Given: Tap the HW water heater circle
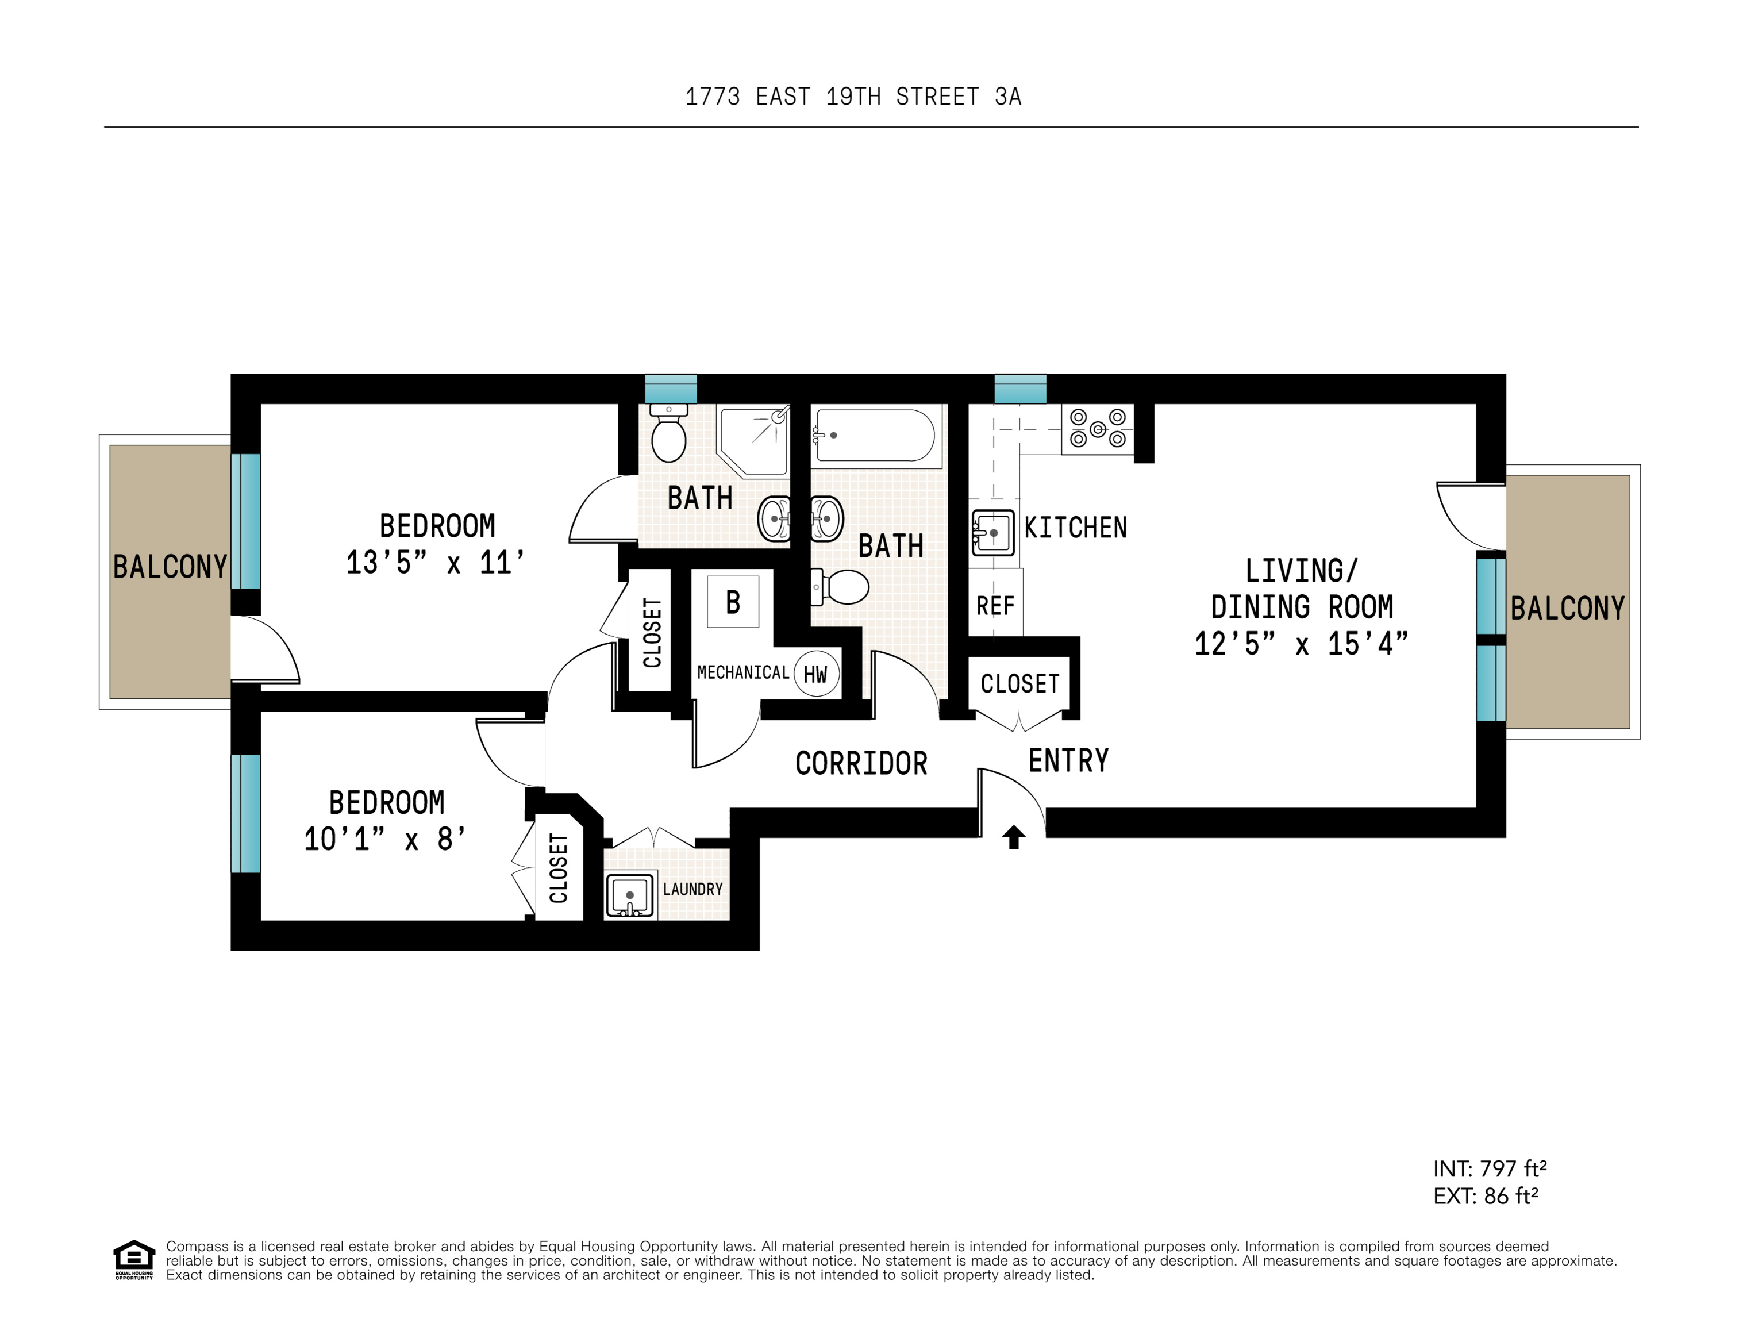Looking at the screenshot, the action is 816,675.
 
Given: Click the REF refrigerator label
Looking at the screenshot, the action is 995,606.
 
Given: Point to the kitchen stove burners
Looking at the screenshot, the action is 1097,429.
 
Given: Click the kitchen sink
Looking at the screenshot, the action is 993,532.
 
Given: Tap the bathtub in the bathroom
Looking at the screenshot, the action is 874,435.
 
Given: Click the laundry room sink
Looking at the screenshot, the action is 630,895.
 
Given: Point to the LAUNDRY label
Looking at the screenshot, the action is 692,889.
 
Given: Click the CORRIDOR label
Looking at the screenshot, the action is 861,763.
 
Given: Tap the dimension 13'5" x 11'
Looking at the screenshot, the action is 436,562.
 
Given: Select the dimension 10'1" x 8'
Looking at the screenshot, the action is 384,839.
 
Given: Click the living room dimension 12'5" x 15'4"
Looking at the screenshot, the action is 1301,644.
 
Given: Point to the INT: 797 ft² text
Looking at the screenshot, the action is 1489,1168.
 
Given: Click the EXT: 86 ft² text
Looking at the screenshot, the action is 1485,1195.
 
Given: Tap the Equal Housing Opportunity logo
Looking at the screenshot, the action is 134,1259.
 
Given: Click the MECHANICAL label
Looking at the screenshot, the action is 743,672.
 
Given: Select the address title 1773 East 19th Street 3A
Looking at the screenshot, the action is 853,97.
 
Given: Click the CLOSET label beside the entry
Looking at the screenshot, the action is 1020,683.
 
